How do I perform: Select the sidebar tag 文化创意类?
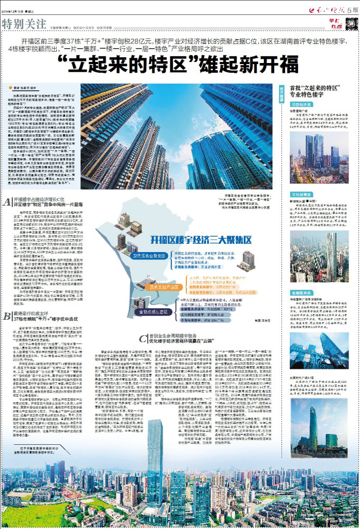pyautogui.click(x=300, y=195)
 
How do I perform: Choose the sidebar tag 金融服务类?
pyautogui.click(x=300, y=291)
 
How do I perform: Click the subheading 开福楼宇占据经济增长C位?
pyautogui.click(x=40, y=199)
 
